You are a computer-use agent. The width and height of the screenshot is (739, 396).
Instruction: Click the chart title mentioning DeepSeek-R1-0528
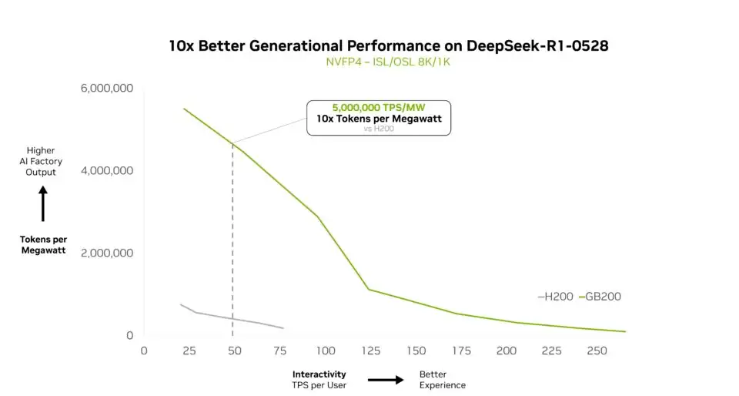pos(389,45)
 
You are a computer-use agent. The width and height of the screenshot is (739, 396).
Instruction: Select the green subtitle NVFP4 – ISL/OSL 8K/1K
pos(389,62)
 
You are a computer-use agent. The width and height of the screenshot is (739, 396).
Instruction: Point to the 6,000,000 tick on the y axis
pos(107,89)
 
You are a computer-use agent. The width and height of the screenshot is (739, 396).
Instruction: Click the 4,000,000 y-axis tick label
pos(107,171)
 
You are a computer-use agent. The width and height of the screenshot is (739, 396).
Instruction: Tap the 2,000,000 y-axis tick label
pos(107,253)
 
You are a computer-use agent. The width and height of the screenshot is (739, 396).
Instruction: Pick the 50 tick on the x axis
pos(233,351)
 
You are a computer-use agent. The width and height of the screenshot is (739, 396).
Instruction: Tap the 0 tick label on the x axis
pos(143,351)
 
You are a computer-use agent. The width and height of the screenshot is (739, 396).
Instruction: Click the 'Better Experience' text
pos(442,379)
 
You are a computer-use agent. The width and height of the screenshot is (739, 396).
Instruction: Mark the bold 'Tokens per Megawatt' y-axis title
pos(43,244)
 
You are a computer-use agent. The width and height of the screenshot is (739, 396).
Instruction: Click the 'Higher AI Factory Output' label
pos(41,161)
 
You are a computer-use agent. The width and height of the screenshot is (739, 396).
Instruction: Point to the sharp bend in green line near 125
pos(369,289)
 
